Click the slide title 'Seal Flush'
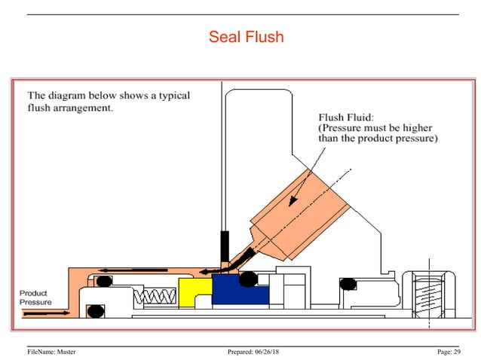[x=246, y=36]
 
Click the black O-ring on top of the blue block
[x=247, y=280]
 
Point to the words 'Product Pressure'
[x=35, y=297]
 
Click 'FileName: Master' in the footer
[x=51, y=352]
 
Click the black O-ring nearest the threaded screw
[x=348, y=283]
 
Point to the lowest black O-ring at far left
[x=95, y=310]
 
